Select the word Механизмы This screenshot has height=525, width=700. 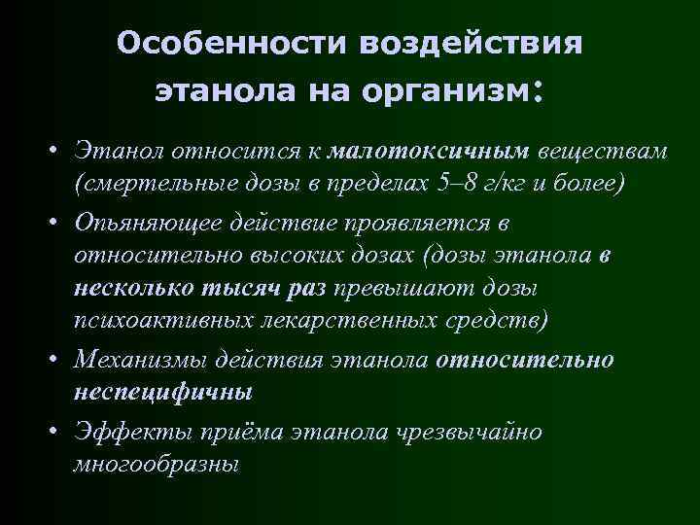144,360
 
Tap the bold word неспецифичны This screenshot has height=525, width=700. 162,392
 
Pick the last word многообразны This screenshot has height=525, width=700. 156,464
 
